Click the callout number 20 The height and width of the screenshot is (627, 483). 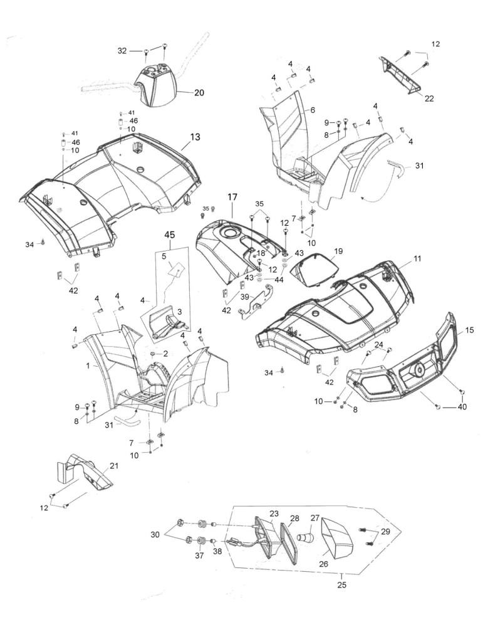pos(199,93)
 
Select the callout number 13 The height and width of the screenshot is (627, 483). pos(195,137)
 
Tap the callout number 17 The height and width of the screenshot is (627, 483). pos(232,197)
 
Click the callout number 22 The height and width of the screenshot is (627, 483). pos(429,98)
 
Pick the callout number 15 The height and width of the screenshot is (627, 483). pos(470,330)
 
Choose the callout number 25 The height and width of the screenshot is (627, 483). pos(341,585)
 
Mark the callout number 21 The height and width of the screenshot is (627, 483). pos(114,466)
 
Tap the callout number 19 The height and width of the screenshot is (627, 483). pos(338,251)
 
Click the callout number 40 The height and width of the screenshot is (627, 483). pos(462,407)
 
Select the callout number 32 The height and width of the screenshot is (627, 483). pos(122,51)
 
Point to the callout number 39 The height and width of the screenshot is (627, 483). pos(244,297)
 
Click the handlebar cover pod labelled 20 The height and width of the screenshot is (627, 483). pos(156,87)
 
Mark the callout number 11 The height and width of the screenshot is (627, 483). pos(417,259)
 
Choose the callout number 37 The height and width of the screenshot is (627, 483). pos(199,556)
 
